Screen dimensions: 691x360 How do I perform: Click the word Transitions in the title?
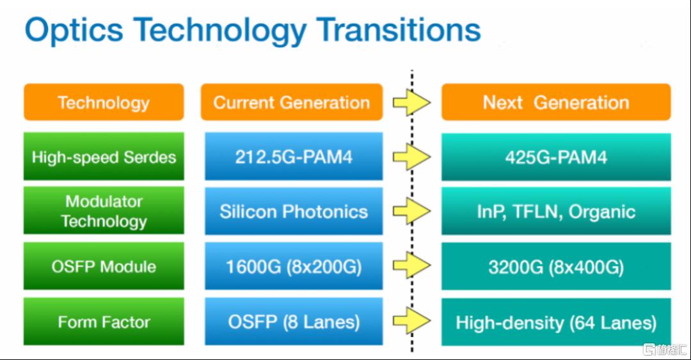[399, 30]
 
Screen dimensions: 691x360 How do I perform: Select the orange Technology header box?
[104, 102]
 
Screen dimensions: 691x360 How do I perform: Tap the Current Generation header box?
[292, 102]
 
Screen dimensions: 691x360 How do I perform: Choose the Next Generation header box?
[556, 102]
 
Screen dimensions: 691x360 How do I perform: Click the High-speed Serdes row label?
[104, 157]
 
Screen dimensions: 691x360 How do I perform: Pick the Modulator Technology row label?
[104, 210]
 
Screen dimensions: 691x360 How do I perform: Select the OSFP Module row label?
[104, 266]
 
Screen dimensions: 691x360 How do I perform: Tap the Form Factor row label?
[104, 322]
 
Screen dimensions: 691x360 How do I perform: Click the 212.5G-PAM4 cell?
[294, 157]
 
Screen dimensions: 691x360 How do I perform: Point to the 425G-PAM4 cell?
[556, 157]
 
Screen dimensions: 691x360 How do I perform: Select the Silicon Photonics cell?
[294, 211]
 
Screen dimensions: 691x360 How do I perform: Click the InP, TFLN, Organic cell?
[556, 211]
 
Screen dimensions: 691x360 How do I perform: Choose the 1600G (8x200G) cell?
[294, 266]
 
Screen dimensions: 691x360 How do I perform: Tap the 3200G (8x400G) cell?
[556, 266]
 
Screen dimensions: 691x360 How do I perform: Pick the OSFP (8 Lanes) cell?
[294, 322]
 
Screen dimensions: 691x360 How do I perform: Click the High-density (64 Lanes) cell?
[556, 322]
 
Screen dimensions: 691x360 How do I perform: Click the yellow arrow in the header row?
[411, 102]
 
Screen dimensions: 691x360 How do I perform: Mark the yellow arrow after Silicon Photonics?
[411, 211]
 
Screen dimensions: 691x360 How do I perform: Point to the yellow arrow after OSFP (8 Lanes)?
[411, 321]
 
